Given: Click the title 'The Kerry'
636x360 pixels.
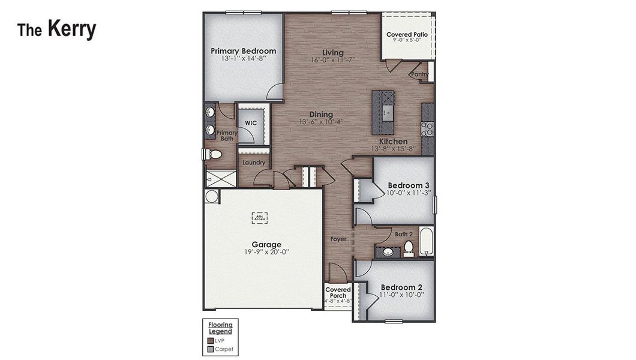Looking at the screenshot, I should coord(56,29).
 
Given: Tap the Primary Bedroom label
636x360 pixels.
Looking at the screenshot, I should coord(243,51).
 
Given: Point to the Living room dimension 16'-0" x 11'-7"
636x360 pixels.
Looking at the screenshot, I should coord(333,60).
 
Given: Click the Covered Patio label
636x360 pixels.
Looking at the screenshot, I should coord(407,35).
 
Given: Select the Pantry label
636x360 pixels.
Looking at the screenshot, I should coord(420,74).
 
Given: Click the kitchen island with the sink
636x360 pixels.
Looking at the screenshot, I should coord(383,112).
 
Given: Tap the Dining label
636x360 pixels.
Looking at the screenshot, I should coord(321,115).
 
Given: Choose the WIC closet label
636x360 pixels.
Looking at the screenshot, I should coord(251,122).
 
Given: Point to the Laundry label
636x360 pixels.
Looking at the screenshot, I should coord(254,162).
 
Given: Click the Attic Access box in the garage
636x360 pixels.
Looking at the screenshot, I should coord(259,218).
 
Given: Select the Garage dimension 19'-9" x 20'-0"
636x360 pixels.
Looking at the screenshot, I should coord(266,253).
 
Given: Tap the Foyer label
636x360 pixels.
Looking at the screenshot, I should coord(338,239).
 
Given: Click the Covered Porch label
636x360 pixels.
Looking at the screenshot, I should coord(338,292).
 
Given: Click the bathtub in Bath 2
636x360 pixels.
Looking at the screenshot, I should coord(427,242).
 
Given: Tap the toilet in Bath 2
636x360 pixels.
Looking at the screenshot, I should coord(409,247).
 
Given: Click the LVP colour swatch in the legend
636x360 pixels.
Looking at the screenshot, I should coord(211,341).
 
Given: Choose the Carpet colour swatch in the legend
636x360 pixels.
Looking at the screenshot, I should coord(211,349).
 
